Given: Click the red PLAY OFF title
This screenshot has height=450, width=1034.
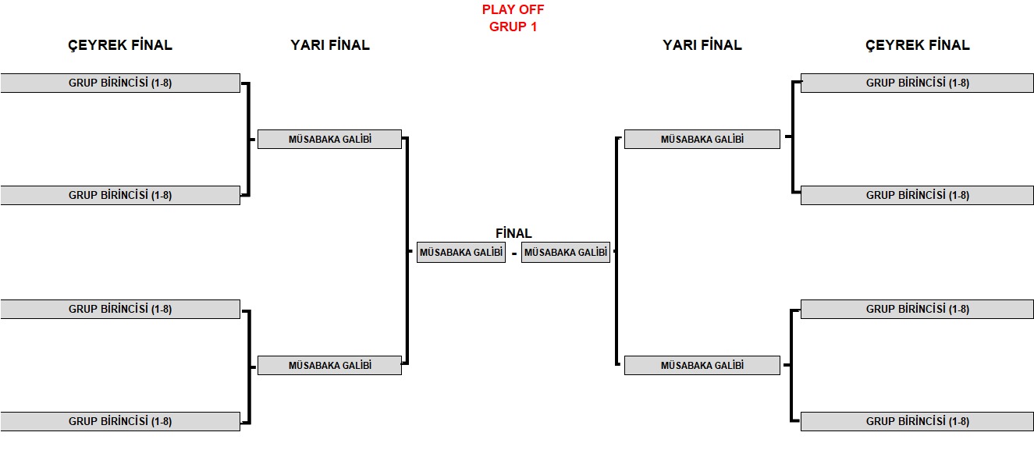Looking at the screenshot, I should click(x=513, y=10).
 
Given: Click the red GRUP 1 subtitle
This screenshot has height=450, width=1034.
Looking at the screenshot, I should click(x=513, y=27).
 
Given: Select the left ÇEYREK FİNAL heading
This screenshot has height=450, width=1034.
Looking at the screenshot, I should click(x=120, y=45).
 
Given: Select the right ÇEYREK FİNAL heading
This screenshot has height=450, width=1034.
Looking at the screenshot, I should click(x=917, y=45).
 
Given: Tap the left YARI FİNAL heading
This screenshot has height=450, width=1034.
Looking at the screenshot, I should click(x=329, y=45).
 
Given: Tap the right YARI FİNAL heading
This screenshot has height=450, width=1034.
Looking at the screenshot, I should click(x=702, y=45).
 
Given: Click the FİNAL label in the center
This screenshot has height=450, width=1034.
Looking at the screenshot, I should click(x=513, y=233).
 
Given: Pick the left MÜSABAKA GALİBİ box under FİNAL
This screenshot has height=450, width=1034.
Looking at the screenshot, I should click(x=460, y=253).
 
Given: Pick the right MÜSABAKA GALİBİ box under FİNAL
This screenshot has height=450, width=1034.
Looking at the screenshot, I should click(x=565, y=253).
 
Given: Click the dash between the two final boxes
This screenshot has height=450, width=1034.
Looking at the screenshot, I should click(x=513, y=253).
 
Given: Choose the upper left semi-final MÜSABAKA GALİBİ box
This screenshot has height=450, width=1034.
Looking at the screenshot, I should click(x=329, y=140).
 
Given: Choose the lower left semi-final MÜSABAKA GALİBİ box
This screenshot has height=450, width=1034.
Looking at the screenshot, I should click(x=329, y=365).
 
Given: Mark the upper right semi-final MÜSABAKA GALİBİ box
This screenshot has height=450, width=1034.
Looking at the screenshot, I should click(x=702, y=140).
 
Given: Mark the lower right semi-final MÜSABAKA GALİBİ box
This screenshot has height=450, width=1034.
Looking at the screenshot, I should click(x=702, y=365).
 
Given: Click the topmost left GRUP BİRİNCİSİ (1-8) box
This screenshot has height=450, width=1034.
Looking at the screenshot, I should click(x=120, y=83).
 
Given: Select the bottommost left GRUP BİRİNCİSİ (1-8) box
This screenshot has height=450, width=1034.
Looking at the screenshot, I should click(x=120, y=421).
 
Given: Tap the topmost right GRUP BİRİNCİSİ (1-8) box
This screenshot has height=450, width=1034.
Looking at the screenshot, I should click(x=917, y=83).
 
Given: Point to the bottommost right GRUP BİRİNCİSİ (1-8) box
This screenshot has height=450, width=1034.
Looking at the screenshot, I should click(x=917, y=421).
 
